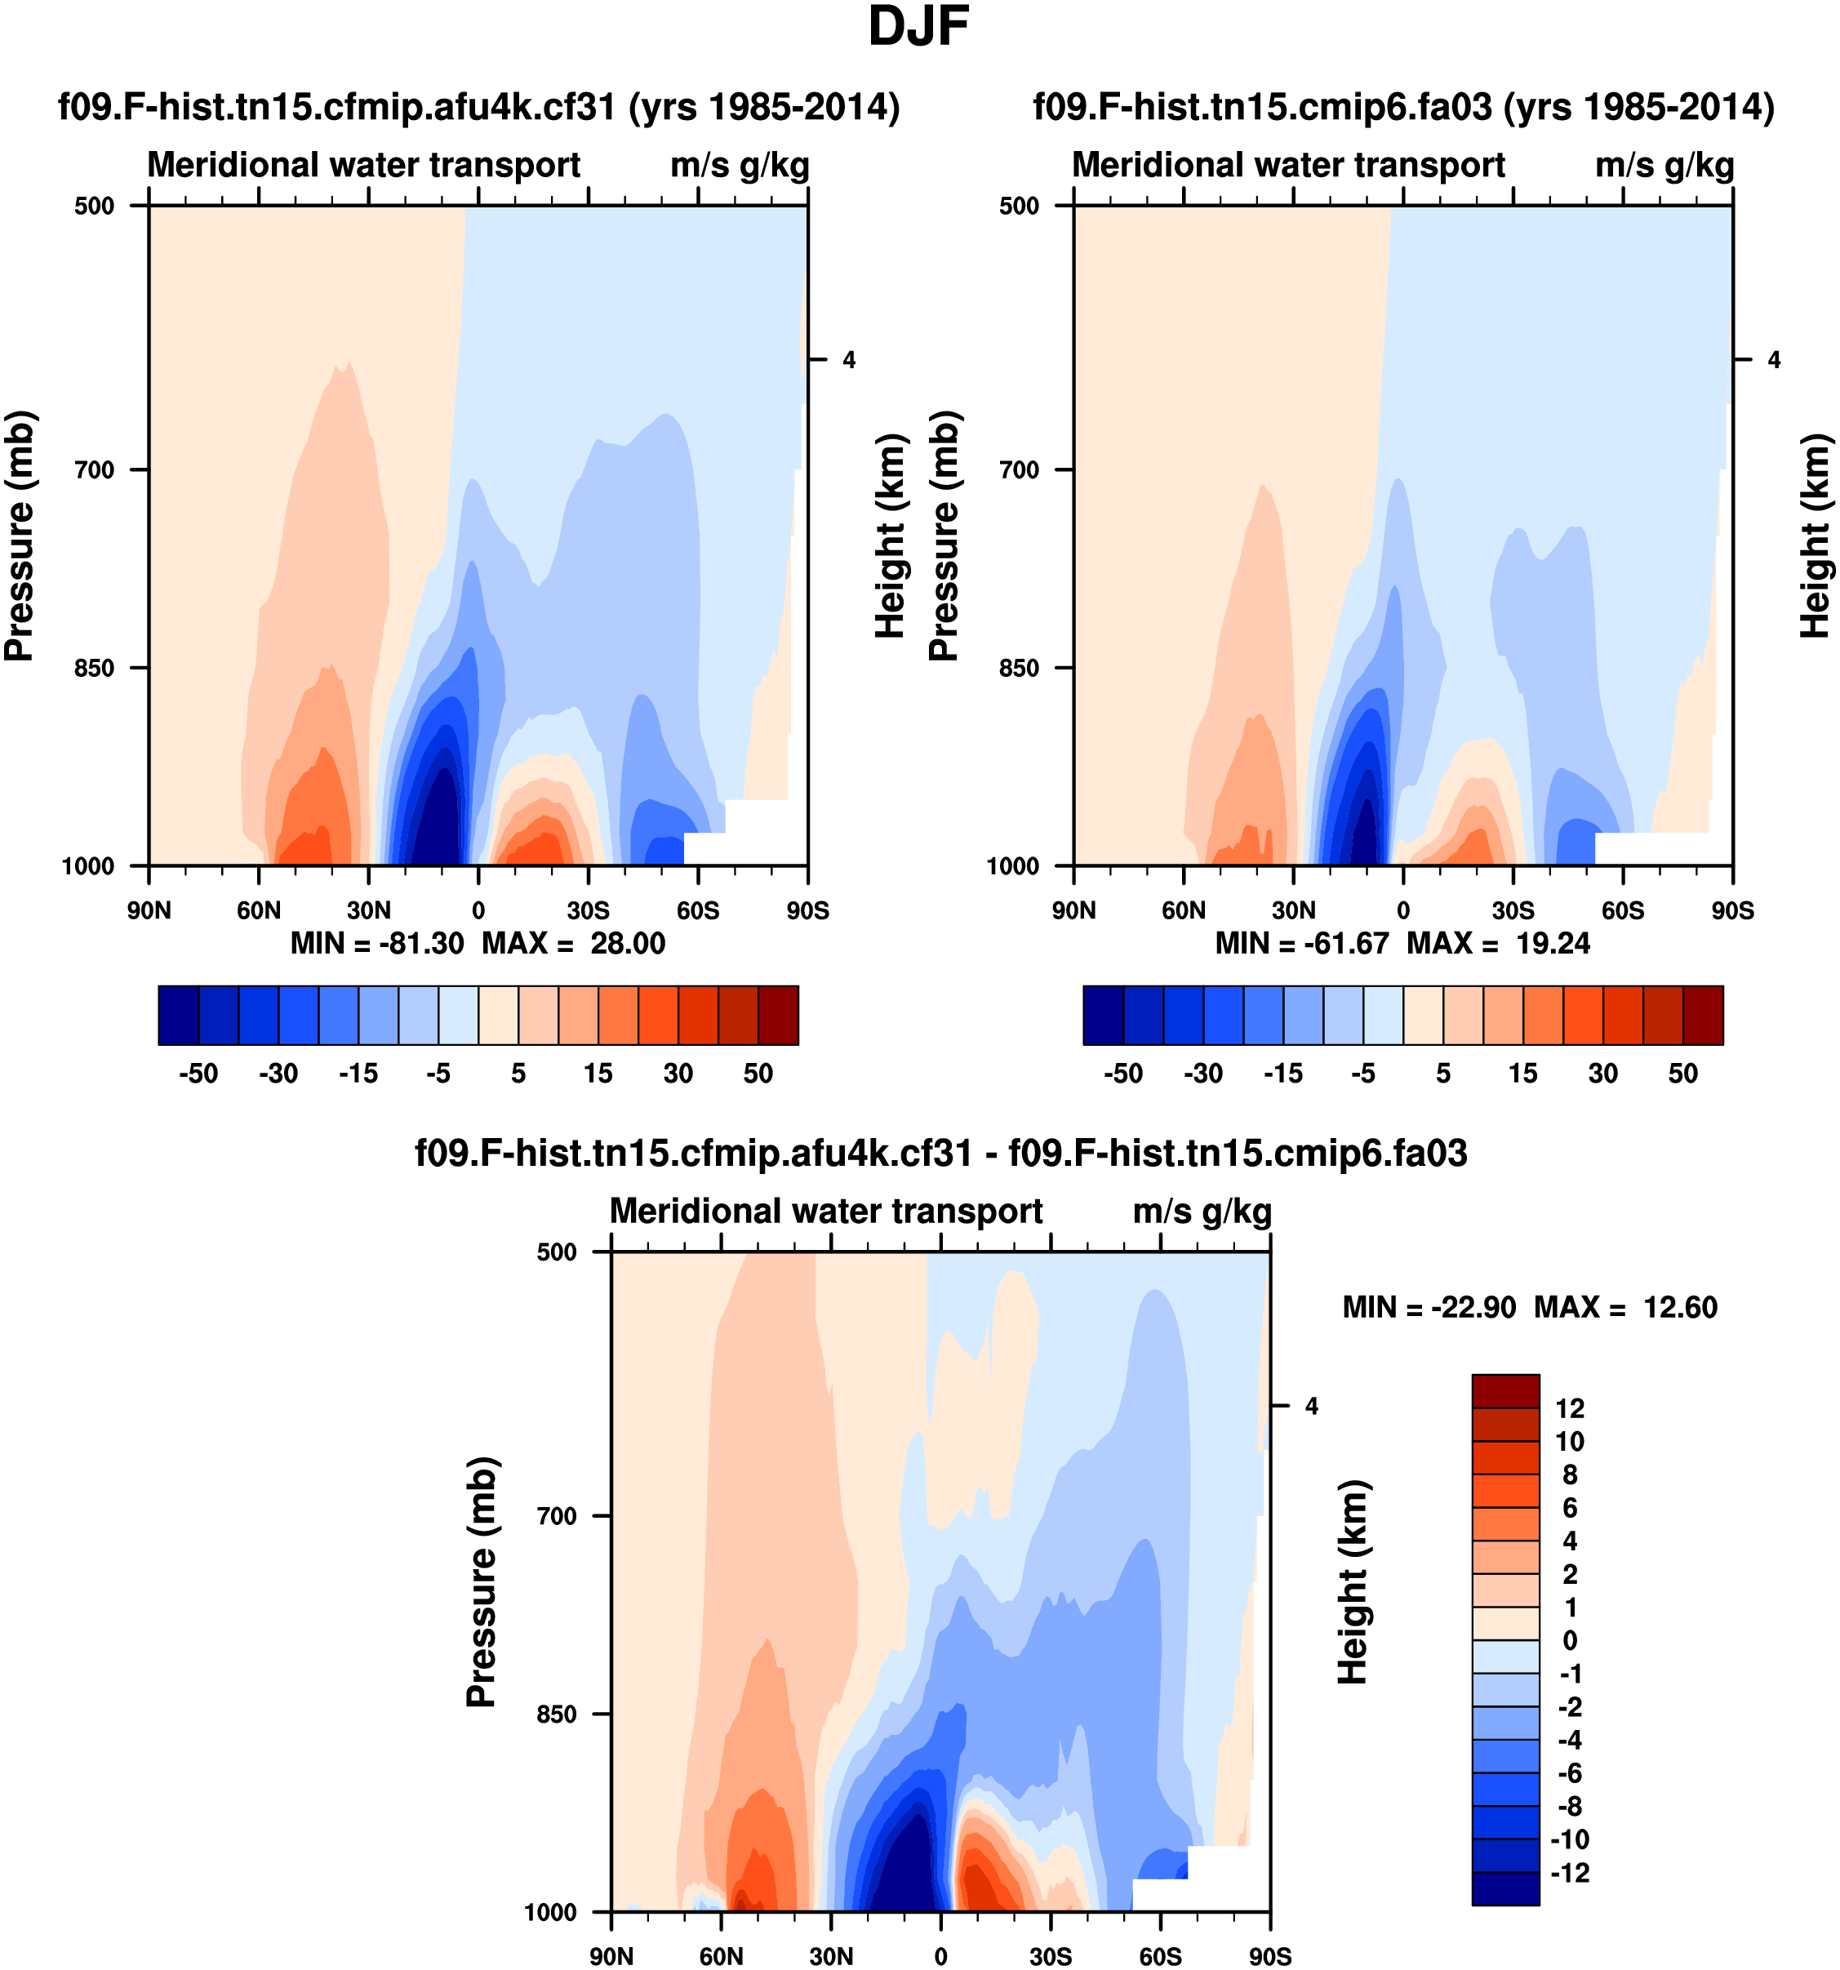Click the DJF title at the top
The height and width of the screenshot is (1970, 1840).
tap(918, 28)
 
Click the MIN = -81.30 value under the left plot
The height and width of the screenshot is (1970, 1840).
tap(376, 944)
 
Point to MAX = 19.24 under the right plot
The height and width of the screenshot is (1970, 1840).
tap(1498, 944)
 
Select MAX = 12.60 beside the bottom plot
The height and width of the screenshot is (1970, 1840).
tap(1626, 1307)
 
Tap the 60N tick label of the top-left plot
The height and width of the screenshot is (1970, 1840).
tap(259, 909)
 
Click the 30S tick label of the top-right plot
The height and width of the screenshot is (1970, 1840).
tap(1513, 909)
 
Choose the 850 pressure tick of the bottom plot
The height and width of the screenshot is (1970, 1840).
tap(557, 1714)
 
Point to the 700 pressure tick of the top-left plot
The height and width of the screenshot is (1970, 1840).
tap(96, 469)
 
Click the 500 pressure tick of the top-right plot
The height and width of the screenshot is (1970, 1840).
tap(1020, 206)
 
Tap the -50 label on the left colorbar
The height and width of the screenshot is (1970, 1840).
tap(198, 1074)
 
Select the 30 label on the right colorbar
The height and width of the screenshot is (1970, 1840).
tap(1603, 1074)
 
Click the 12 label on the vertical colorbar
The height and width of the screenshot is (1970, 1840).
tap(1570, 1408)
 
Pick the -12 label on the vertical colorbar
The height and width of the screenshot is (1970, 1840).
tap(1570, 1872)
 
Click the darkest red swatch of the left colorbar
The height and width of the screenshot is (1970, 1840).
tap(778, 1015)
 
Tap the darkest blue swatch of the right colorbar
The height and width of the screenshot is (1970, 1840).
tap(1103, 1015)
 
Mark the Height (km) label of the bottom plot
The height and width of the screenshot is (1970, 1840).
tap(1353, 1581)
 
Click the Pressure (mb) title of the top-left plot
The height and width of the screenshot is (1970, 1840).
tap(20, 535)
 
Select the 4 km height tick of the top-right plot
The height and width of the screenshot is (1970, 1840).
tap(1774, 360)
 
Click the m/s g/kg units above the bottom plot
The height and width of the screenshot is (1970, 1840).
tap(1201, 1211)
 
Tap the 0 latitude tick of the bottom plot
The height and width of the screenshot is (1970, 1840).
tap(940, 1956)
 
